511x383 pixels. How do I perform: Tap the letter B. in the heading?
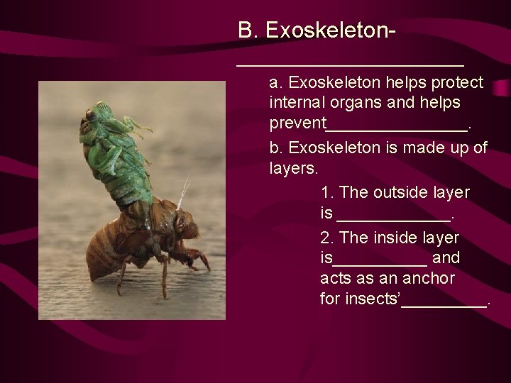pos(248,30)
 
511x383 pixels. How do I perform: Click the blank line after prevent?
pos(397,129)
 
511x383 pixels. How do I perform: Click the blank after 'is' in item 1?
pos(394,218)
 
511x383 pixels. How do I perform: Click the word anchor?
pos(429,278)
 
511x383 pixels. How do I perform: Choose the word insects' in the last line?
pos(371,299)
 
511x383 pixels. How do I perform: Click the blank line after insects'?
pos(445,304)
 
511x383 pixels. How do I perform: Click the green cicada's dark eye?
pos(91,114)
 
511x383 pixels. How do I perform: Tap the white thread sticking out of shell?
pos(182,193)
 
